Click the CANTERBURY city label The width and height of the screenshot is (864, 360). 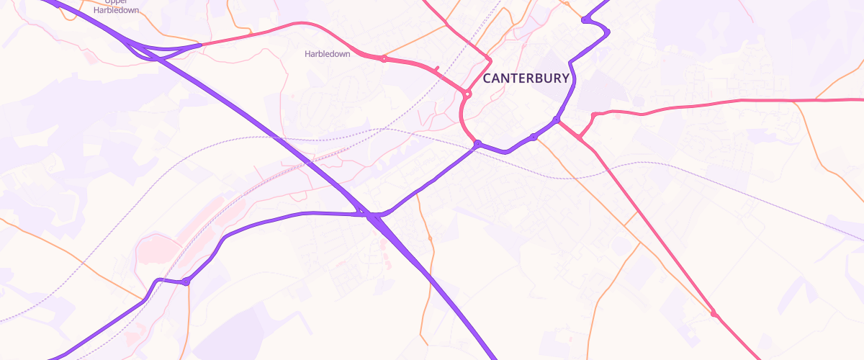click(526, 78)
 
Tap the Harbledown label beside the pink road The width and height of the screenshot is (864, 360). click(327, 54)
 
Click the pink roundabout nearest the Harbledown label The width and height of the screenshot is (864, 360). click(384, 59)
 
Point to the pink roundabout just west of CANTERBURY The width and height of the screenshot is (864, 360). click(468, 94)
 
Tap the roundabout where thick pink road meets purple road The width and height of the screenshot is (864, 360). click(477, 145)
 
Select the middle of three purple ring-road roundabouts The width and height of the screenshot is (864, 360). click(533, 136)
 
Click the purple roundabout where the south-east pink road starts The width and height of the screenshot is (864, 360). click(557, 119)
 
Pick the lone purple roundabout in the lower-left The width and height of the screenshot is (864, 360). click(186, 282)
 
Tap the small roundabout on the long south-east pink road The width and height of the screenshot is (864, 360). click(714, 313)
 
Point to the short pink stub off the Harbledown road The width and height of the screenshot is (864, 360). click(436, 68)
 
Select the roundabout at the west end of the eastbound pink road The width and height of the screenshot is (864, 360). click(594, 115)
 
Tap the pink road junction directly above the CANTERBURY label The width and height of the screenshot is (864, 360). click(488, 58)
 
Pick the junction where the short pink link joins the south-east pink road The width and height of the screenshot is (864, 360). click(579, 137)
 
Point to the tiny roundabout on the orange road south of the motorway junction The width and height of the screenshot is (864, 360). click(430, 238)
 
